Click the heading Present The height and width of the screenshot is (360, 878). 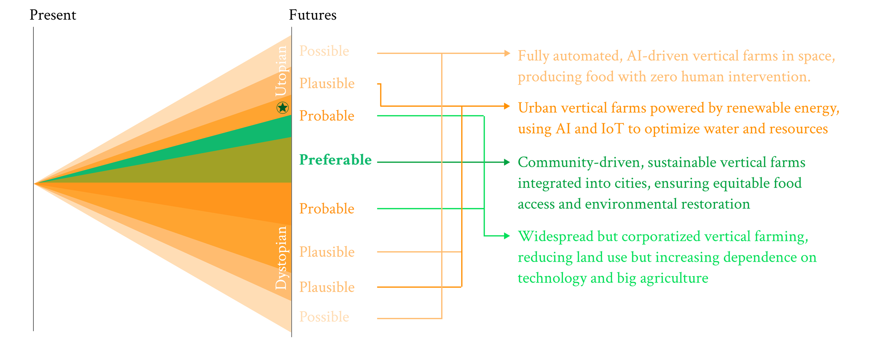tap(53, 15)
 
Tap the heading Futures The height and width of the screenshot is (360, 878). tap(313, 15)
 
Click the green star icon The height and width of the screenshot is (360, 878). tap(282, 107)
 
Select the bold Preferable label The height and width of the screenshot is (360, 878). tap(335, 160)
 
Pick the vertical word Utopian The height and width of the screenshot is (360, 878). tap(281, 71)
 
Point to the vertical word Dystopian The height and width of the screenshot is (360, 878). tap(281, 258)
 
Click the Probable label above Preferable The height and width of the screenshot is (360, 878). tap(327, 116)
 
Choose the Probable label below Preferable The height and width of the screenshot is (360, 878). tap(327, 209)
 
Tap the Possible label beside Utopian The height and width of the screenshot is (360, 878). tap(324, 51)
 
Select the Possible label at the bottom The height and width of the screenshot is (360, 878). tap(324, 317)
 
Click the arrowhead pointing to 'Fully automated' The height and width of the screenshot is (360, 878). tap(507, 53)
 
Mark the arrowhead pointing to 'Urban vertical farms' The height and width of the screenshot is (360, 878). tap(507, 106)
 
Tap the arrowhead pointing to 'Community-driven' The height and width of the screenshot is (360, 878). tap(507, 162)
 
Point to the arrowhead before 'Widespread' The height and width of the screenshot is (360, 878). tap(507, 236)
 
